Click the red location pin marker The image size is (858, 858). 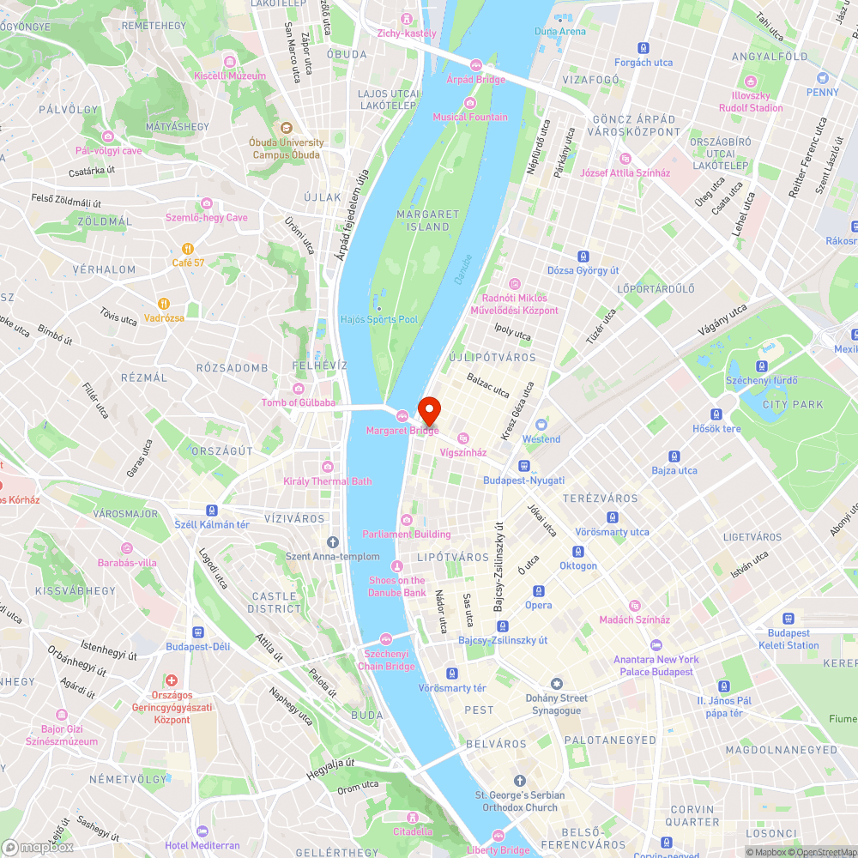point(428,410)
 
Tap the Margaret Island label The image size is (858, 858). point(423,221)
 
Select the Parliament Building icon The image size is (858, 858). point(407,519)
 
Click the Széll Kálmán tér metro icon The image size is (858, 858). point(211,510)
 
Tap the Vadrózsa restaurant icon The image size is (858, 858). point(163,304)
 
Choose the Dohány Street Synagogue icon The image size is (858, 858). point(557,683)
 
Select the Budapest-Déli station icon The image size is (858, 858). point(198,632)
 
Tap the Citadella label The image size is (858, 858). point(413,831)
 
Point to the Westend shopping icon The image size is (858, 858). point(541,425)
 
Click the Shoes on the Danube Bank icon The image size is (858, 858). point(396,565)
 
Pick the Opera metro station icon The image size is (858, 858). point(539,591)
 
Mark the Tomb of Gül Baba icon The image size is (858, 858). point(299,389)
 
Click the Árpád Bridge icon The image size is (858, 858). point(476,65)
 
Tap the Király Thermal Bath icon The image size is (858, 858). point(328,467)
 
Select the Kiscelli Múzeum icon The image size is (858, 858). point(230,62)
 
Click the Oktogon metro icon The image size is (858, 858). point(578,552)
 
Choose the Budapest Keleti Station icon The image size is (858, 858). point(789,619)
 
